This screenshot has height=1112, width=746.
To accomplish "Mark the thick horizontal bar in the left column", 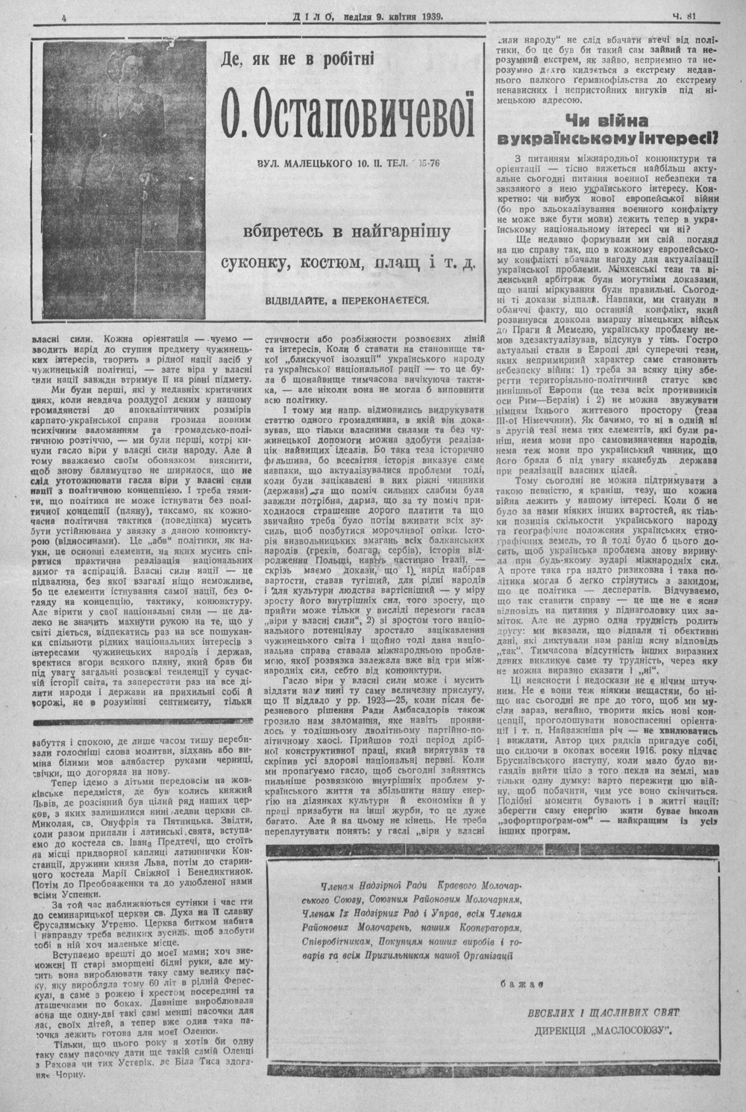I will pos(144,721).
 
